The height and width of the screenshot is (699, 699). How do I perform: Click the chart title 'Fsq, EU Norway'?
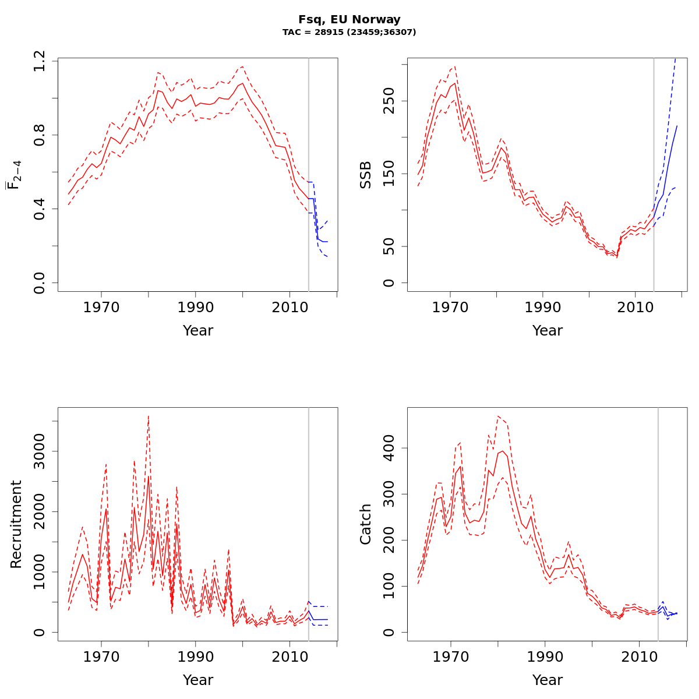point(349,20)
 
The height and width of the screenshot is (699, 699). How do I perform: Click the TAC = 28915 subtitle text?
point(349,33)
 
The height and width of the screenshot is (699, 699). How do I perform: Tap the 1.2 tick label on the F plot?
point(40,61)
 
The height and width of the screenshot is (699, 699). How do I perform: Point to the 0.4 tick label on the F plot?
point(40,209)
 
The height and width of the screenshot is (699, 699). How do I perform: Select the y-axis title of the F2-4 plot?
point(14,175)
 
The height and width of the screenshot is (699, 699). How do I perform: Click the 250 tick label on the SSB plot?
point(389,100)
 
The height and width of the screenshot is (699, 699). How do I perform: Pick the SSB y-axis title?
point(366,175)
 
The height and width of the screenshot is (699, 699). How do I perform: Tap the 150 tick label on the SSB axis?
point(389,174)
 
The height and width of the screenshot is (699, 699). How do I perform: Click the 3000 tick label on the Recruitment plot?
point(40,451)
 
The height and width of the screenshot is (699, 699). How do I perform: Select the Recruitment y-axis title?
point(16,524)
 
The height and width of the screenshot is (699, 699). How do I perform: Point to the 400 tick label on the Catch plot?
point(389,448)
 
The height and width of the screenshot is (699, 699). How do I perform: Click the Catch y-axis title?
point(366,524)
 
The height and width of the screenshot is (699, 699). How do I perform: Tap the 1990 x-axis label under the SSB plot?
point(543,307)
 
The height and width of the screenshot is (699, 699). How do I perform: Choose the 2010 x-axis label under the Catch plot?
point(638,656)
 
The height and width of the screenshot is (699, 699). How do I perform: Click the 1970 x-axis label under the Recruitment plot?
point(101,656)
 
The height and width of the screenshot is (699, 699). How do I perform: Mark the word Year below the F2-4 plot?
point(198,331)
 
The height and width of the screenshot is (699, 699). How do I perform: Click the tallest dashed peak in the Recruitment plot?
point(149,416)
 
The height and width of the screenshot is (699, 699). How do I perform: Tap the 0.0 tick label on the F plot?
point(40,283)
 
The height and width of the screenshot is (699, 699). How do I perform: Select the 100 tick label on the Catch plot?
point(389,586)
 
